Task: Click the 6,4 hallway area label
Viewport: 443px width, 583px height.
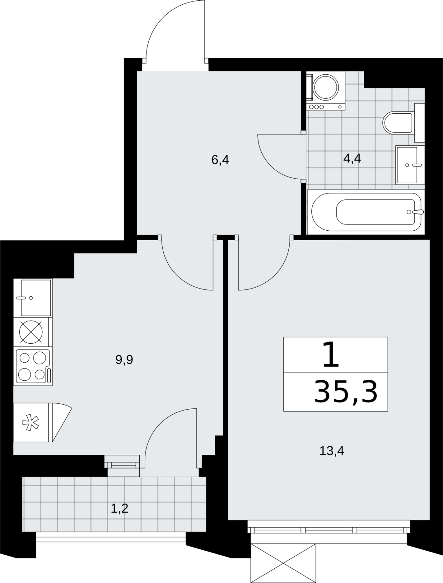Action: click(x=220, y=160)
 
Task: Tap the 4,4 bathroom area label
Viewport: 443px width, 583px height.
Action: click(x=352, y=159)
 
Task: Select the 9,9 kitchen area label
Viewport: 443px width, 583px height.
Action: click(x=124, y=360)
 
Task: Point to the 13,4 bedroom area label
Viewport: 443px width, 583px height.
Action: click(x=332, y=451)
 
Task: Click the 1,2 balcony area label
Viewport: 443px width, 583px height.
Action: click(x=119, y=508)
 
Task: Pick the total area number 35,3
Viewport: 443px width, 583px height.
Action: click(x=346, y=392)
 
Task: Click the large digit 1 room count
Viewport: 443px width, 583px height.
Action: click(x=331, y=355)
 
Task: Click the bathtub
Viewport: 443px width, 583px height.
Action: click(x=366, y=212)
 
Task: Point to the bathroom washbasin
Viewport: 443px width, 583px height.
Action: click(x=410, y=165)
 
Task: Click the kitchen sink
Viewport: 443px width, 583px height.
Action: click(x=33, y=298)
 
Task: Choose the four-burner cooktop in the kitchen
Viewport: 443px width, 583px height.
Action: click(x=33, y=367)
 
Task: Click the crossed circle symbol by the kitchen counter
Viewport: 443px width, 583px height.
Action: click(x=31, y=332)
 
